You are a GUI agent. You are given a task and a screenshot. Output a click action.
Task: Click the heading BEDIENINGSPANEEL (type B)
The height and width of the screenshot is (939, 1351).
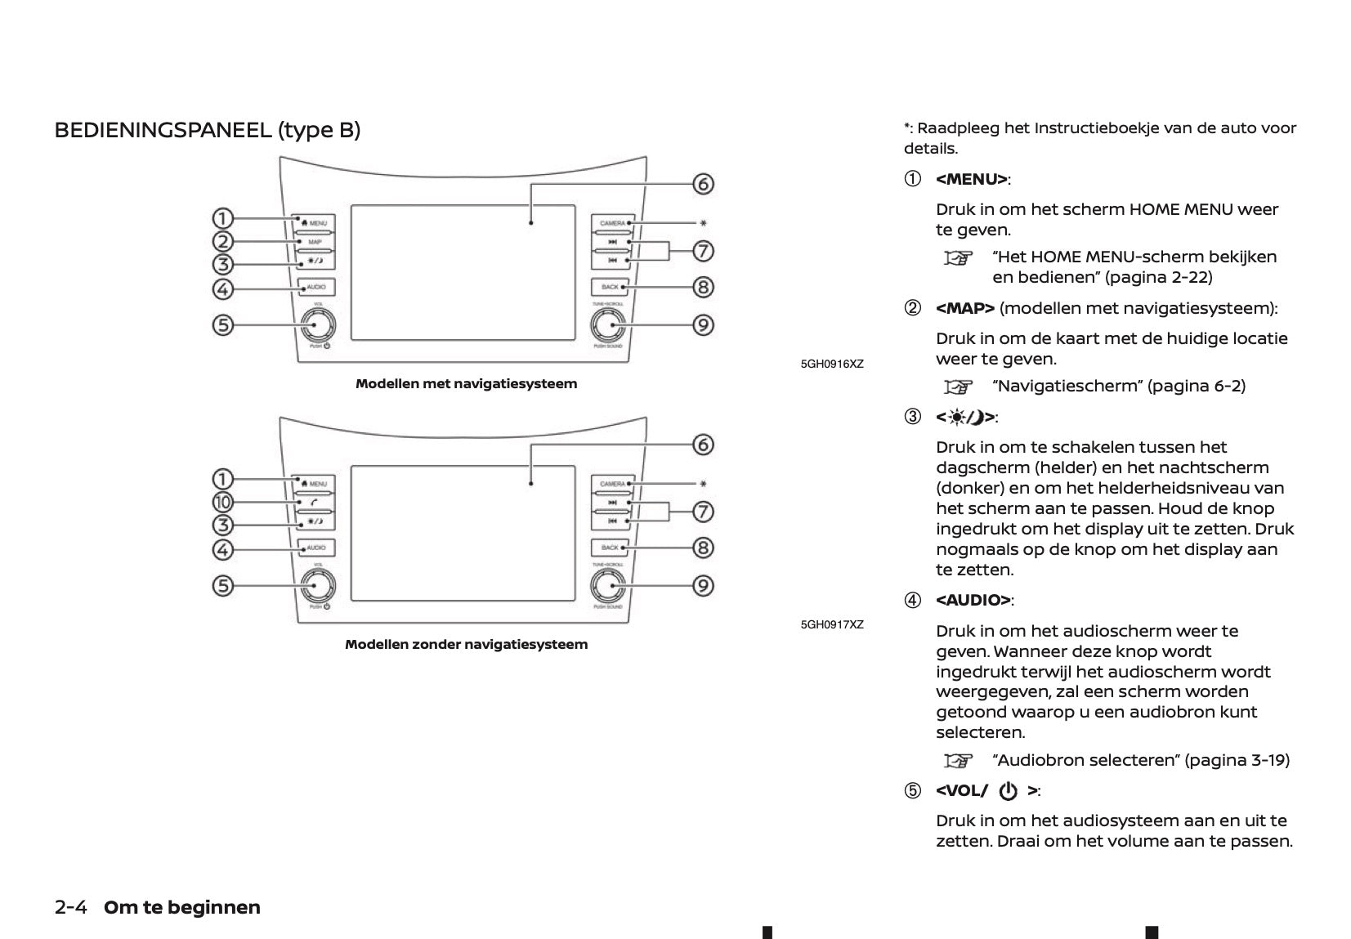click(207, 130)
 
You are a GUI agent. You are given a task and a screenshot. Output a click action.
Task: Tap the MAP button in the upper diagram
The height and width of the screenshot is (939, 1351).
click(315, 242)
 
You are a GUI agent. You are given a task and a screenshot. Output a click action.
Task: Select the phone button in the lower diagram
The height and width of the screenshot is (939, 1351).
click(315, 503)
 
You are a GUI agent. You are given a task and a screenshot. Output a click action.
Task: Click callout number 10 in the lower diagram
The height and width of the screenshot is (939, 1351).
click(222, 502)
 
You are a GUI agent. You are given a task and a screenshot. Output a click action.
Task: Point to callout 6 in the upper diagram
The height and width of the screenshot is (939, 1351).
click(703, 184)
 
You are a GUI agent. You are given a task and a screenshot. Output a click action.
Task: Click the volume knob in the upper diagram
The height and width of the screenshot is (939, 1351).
click(315, 325)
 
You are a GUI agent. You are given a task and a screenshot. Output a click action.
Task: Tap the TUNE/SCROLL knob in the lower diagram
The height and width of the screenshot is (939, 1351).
click(610, 586)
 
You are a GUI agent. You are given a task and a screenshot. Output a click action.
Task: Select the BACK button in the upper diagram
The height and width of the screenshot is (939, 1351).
click(610, 287)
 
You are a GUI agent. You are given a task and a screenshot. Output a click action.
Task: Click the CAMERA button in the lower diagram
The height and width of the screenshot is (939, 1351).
click(612, 484)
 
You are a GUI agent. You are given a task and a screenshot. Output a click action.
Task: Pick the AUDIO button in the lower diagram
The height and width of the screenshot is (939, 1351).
click(315, 548)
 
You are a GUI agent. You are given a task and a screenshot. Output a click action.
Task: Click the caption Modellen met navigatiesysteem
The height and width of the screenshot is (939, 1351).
click(466, 383)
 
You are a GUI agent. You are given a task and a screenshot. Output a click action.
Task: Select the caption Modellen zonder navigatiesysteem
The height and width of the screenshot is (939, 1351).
click(466, 644)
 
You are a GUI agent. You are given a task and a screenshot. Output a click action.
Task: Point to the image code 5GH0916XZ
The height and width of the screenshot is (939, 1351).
click(832, 364)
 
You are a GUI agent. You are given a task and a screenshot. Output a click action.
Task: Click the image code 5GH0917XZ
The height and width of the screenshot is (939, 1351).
click(832, 624)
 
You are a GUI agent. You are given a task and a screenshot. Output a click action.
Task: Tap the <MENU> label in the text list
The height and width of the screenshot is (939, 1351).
click(971, 179)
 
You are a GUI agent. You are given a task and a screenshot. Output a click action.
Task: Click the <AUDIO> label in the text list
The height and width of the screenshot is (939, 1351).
click(973, 601)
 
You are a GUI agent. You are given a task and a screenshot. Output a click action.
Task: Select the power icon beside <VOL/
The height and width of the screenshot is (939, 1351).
click(1009, 791)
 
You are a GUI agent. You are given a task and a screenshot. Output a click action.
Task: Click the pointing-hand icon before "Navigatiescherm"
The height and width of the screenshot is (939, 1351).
click(959, 386)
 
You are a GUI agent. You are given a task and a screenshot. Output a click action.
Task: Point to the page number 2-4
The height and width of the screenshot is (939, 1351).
click(71, 907)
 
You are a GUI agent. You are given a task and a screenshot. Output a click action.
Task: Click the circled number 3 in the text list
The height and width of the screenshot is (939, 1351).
click(912, 418)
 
